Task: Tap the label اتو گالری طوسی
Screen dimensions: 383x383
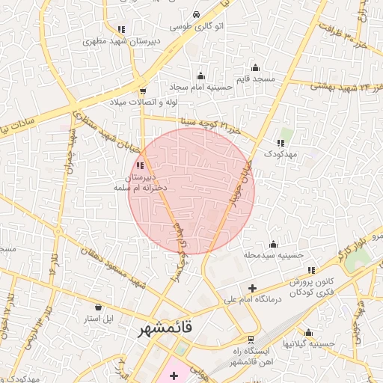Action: point(197,26)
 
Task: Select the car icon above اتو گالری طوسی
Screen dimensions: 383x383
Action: point(196,14)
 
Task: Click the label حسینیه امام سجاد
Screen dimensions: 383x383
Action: point(200,87)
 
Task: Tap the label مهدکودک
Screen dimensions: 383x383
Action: point(281,153)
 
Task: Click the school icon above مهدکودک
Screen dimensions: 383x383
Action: point(281,142)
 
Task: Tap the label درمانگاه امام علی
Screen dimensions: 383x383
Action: point(252,300)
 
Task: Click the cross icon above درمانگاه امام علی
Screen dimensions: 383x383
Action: point(252,288)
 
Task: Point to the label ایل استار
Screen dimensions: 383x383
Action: point(98,319)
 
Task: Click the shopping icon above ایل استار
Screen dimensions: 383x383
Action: point(98,307)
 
